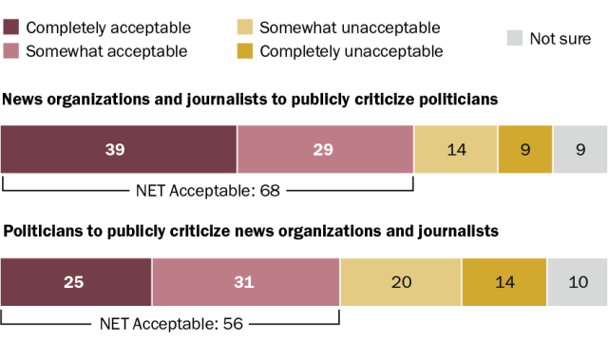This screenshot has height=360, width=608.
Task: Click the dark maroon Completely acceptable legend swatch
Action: pos(10,28)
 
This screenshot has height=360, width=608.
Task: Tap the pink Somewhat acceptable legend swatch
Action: pos(10,50)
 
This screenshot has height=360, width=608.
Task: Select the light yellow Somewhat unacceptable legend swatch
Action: pos(245,28)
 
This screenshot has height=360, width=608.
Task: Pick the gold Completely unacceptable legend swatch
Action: pos(245,50)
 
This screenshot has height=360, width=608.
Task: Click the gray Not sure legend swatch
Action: pos(515,38)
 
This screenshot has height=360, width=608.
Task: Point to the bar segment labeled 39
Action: pos(119,149)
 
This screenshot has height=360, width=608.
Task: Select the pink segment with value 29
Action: pos(325,149)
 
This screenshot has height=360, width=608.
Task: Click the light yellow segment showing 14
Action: pos(456,149)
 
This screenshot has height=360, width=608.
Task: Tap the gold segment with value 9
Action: pos(525,149)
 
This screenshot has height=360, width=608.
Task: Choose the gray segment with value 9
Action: pos(580,149)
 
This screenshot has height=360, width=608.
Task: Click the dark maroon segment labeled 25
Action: pos(76,282)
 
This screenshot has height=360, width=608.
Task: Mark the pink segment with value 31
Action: pos(246,282)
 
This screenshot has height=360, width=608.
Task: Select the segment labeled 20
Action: pos(401,282)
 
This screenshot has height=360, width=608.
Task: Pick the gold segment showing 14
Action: pos(504,282)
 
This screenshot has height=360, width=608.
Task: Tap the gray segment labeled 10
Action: pos(578,282)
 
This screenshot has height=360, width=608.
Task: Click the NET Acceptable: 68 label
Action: pos(208,191)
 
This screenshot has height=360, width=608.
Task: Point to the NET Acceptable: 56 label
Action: pos(171,324)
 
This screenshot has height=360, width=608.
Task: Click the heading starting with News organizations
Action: pos(250,100)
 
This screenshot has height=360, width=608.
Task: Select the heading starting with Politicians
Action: pos(251,232)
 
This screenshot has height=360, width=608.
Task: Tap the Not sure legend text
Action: pos(560,38)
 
